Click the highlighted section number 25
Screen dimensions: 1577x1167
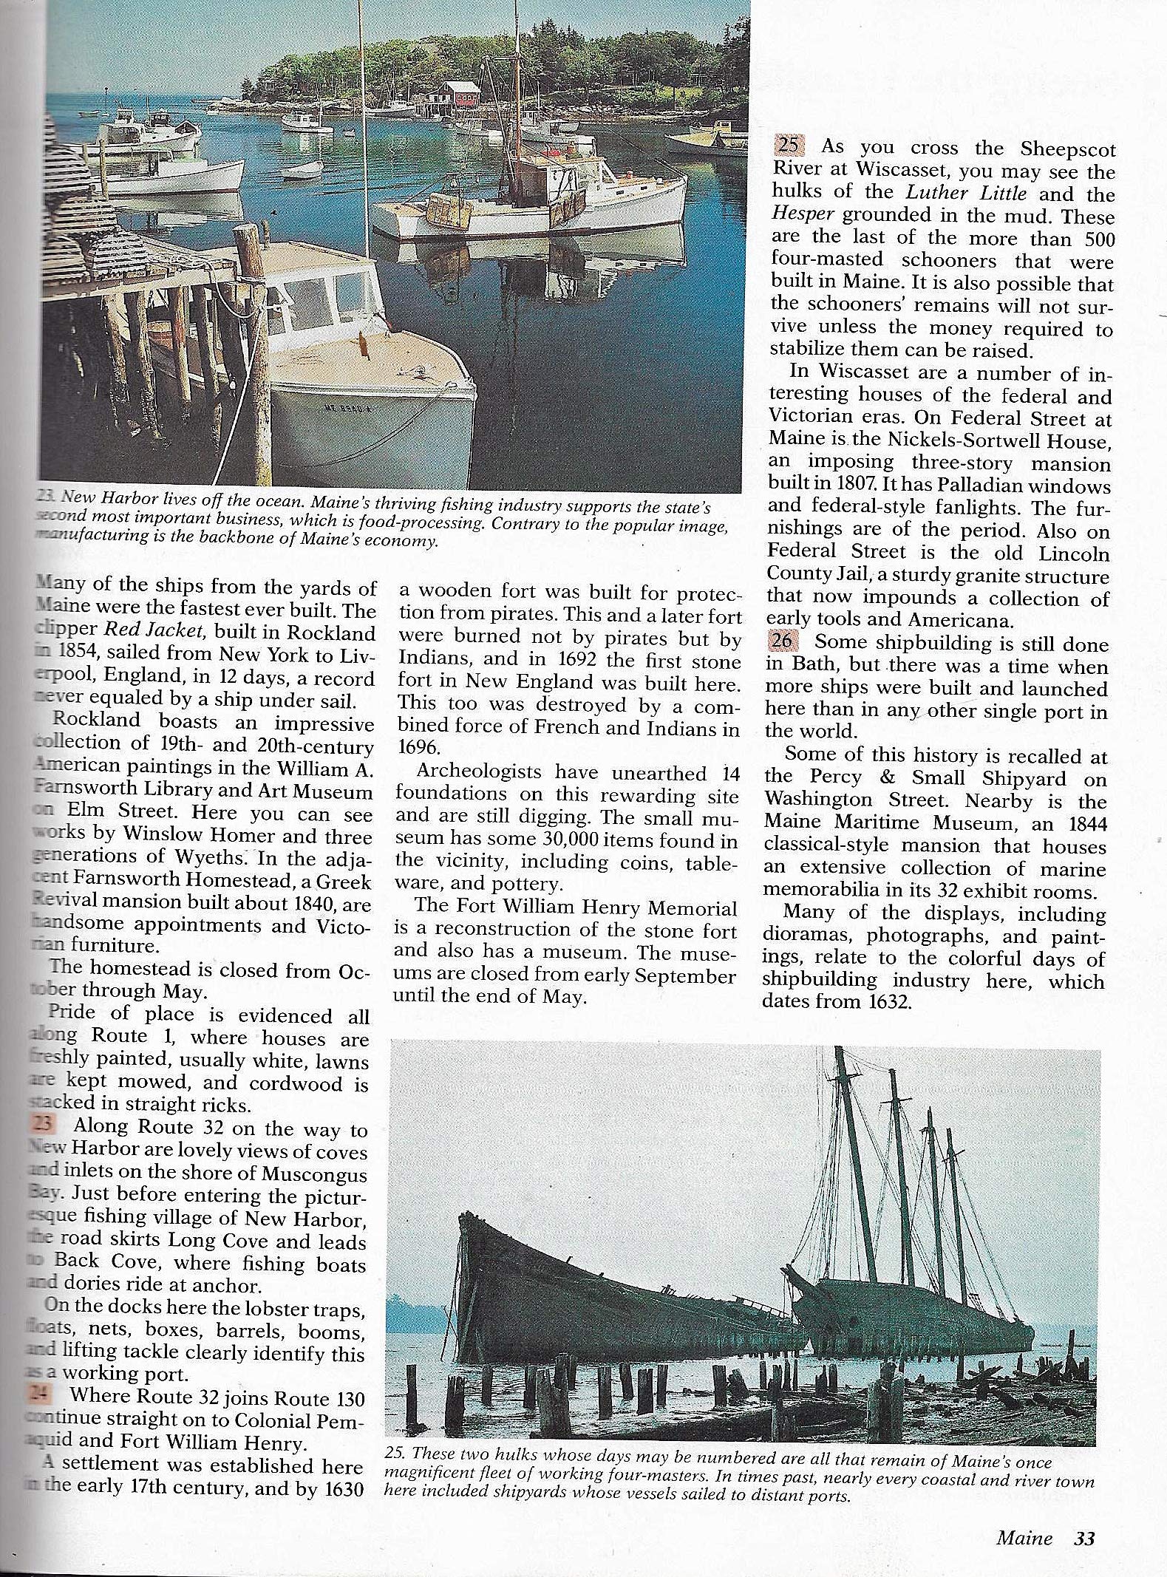(x=786, y=148)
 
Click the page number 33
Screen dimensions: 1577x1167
(x=1083, y=1538)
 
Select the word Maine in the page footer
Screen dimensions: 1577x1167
(x=1024, y=1538)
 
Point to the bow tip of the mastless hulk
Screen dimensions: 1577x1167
(x=463, y=1217)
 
